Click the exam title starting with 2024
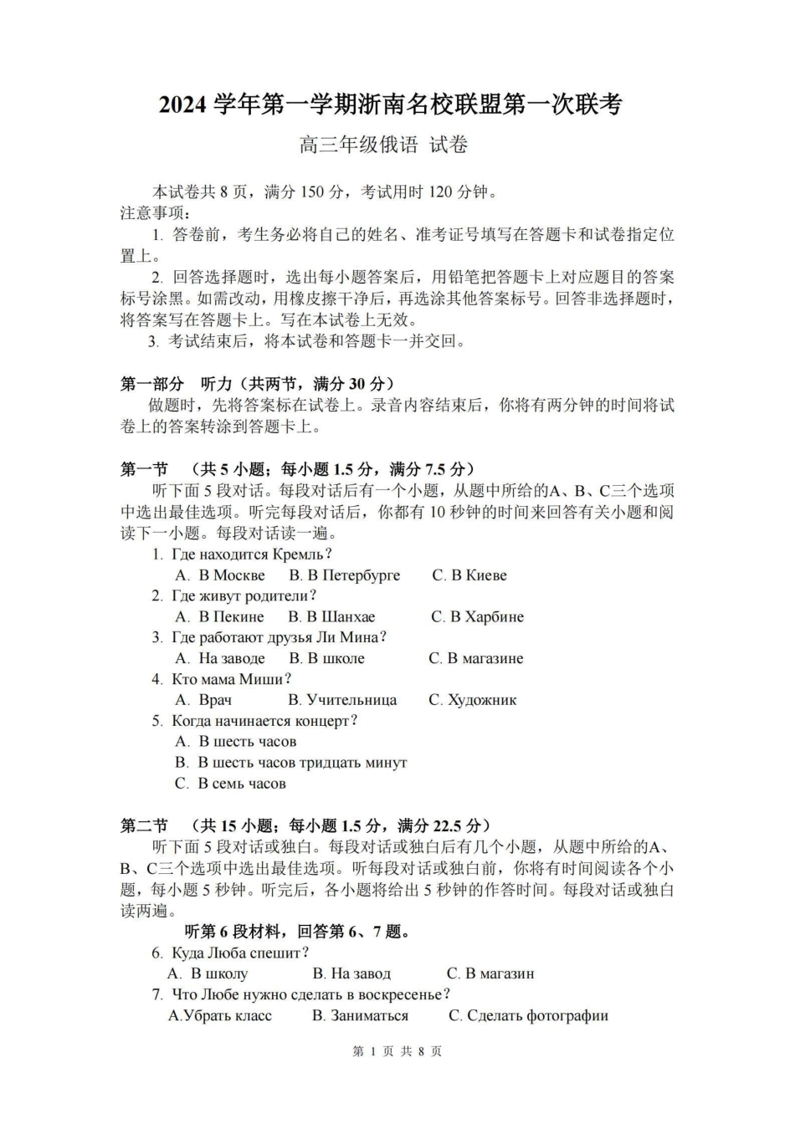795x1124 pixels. pos(391,105)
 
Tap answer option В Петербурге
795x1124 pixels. pos(345,575)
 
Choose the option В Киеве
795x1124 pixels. pos(469,575)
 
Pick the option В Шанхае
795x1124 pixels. pos(332,617)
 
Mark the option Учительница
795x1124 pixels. pos(342,700)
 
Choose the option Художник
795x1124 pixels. pos(473,700)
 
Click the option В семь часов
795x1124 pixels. pos(231,784)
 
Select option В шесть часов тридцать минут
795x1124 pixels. pos(291,763)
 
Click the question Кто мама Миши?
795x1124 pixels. pos(231,679)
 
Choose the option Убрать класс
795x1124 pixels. pos(220,1016)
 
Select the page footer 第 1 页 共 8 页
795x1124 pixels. pos(397,1052)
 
